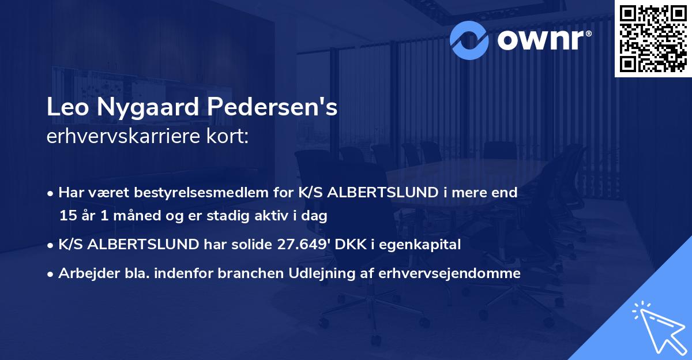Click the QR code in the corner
pyautogui.click(x=653, y=38)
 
